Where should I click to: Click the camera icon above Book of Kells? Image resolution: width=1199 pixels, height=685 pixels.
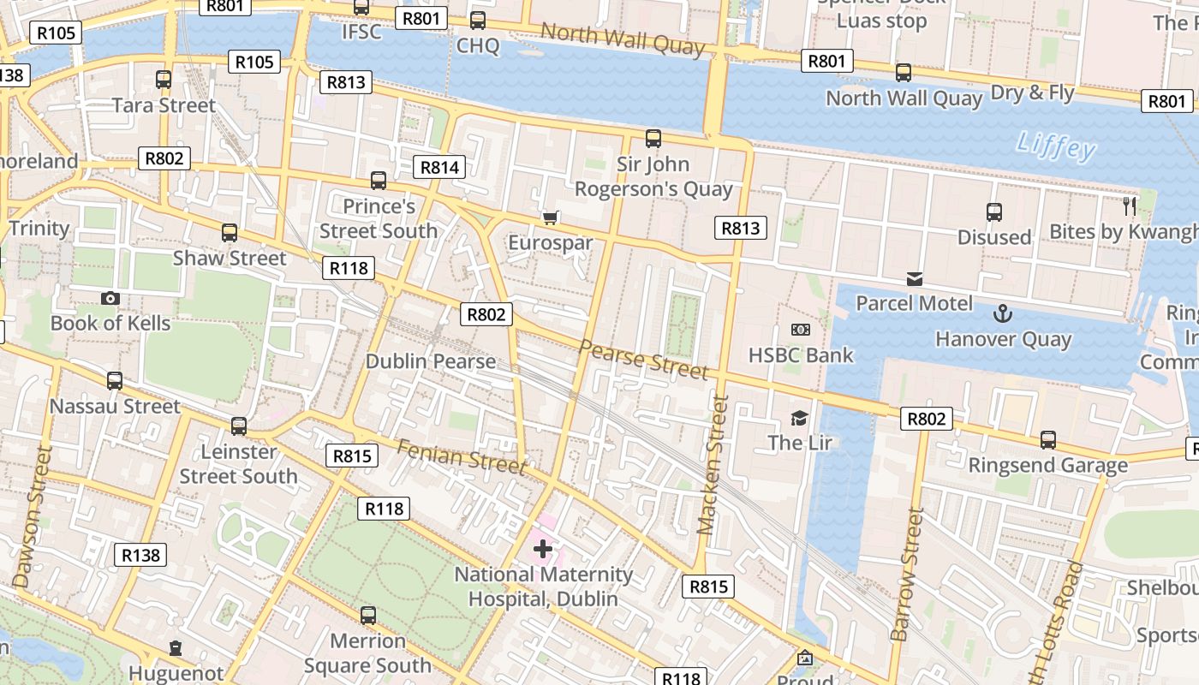click(x=110, y=298)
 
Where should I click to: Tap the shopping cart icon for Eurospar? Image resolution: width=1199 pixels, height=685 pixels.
click(x=550, y=217)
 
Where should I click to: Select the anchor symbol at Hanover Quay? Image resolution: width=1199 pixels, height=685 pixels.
click(x=1002, y=313)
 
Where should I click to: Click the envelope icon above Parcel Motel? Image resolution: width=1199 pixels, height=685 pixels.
click(x=915, y=278)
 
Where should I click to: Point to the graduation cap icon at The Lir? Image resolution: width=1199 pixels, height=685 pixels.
click(x=799, y=418)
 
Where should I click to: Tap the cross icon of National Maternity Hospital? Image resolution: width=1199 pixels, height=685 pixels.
click(x=542, y=548)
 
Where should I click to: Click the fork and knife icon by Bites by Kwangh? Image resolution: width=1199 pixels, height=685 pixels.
click(x=1130, y=205)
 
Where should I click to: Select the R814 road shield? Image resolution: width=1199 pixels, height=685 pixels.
click(x=439, y=167)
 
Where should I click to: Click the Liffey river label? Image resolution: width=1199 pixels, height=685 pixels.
click(x=1056, y=146)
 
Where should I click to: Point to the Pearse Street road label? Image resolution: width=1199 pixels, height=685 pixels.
click(x=643, y=359)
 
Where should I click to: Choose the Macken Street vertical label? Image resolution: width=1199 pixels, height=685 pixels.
click(x=712, y=464)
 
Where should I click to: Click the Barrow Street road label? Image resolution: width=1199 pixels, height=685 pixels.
click(x=906, y=574)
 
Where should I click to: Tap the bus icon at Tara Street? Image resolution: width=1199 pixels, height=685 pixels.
click(x=164, y=80)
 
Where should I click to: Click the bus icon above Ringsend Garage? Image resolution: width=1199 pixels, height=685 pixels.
click(x=1048, y=440)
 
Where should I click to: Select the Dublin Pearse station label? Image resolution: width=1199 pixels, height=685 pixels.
click(x=431, y=360)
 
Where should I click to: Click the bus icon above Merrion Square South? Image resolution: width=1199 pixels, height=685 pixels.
click(x=368, y=615)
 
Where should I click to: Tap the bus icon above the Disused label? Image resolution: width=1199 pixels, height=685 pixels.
click(x=993, y=211)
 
